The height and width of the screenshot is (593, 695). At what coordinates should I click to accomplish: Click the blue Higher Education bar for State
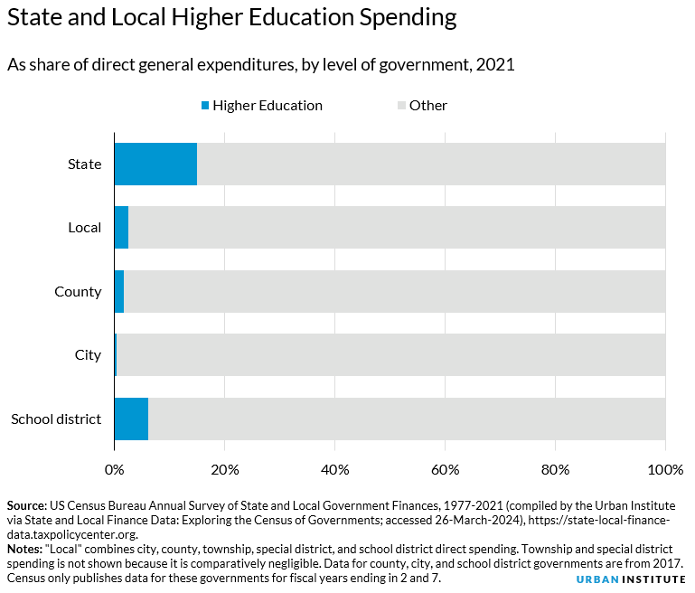pyautogui.click(x=155, y=164)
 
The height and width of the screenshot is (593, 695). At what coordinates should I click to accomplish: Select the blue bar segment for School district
pyautogui.click(x=131, y=419)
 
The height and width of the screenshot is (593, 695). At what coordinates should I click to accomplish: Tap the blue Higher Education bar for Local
pyautogui.click(x=121, y=228)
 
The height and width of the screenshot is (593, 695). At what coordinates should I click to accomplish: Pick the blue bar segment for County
pyautogui.click(x=118, y=291)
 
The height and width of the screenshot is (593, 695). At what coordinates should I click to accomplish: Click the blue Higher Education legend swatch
pyautogui.click(x=205, y=106)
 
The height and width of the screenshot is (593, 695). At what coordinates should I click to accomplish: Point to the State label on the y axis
pyautogui.click(x=84, y=164)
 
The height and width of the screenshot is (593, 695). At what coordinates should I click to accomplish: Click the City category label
pyautogui.click(x=88, y=355)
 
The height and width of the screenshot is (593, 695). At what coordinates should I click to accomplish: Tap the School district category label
pyautogui.click(x=56, y=419)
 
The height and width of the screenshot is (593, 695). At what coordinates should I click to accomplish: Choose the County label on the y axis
pyautogui.click(x=78, y=291)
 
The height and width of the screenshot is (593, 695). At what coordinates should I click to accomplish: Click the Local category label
pyautogui.click(x=84, y=228)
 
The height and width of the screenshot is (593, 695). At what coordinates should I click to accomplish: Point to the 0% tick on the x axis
pyautogui.click(x=114, y=469)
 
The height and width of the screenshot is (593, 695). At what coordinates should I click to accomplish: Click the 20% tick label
pyautogui.click(x=224, y=469)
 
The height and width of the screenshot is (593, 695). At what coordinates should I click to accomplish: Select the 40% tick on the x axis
pyautogui.click(x=334, y=469)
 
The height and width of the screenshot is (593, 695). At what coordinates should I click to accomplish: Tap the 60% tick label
pyautogui.click(x=445, y=469)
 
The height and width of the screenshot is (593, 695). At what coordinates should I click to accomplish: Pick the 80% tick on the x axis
pyautogui.click(x=555, y=469)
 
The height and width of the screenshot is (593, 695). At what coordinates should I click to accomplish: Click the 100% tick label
pyautogui.click(x=665, y=469)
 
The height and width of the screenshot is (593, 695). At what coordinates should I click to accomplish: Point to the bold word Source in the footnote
pyautogui.click(x=28, y=504)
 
